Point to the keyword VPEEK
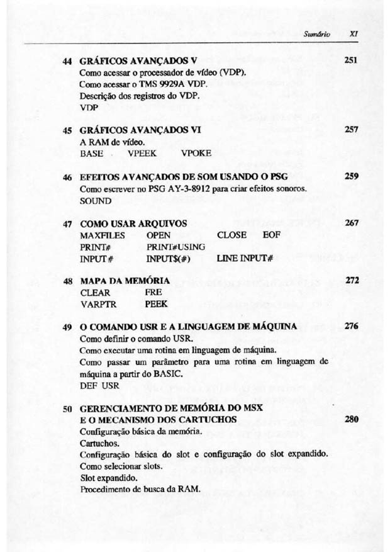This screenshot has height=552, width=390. click(x=143, y=152)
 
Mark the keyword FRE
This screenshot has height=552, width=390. click(x=153, y=293)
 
